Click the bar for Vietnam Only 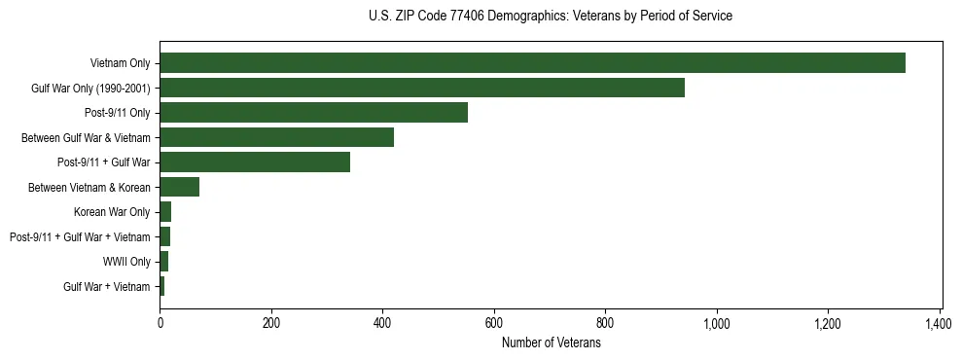coord(532,63)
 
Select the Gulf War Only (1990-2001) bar coord(422,88)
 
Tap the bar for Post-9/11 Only coord(313,113)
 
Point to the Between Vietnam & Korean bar coord(180,187)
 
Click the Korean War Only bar coord(165,212)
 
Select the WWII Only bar coord(164,262)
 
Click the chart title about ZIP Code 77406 coord(551,17)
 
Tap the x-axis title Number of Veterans coord(551,342)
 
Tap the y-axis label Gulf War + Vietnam coord(107,286)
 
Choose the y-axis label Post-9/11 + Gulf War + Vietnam coord(80,236)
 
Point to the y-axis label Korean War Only coord(112,212)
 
